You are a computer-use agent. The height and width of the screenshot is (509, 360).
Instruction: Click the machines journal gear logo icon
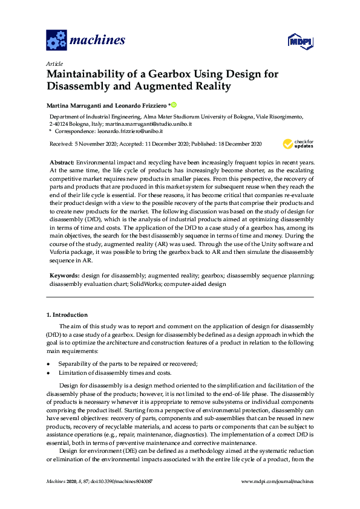[x=56, y=41]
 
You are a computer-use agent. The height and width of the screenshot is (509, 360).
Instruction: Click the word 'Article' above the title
[x=54, y=63]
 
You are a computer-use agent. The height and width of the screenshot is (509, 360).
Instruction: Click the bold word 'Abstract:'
[x=62, y=163]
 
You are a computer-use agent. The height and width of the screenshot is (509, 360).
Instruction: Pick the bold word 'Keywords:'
[x=64, y=275]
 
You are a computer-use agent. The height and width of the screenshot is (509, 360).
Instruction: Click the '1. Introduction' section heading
[x=67, y=315]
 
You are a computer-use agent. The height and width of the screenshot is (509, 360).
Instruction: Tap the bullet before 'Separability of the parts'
[x=48, y=363]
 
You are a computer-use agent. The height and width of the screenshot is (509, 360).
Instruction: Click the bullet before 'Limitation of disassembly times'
[x=48, y=372]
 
